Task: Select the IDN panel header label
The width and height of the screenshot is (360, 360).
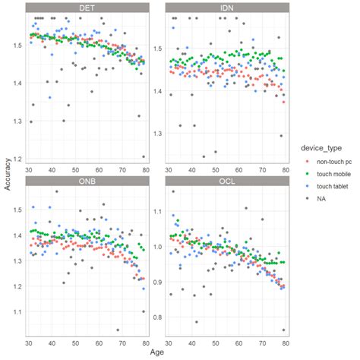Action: [x=226, y=8]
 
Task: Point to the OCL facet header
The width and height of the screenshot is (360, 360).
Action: [x=226, y=180]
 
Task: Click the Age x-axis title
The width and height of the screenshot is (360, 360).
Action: [x=156, y=352]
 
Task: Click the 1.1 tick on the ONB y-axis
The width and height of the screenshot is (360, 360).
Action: [x=17, y=312]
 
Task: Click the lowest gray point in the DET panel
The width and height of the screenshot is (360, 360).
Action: [x=144, y=156]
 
